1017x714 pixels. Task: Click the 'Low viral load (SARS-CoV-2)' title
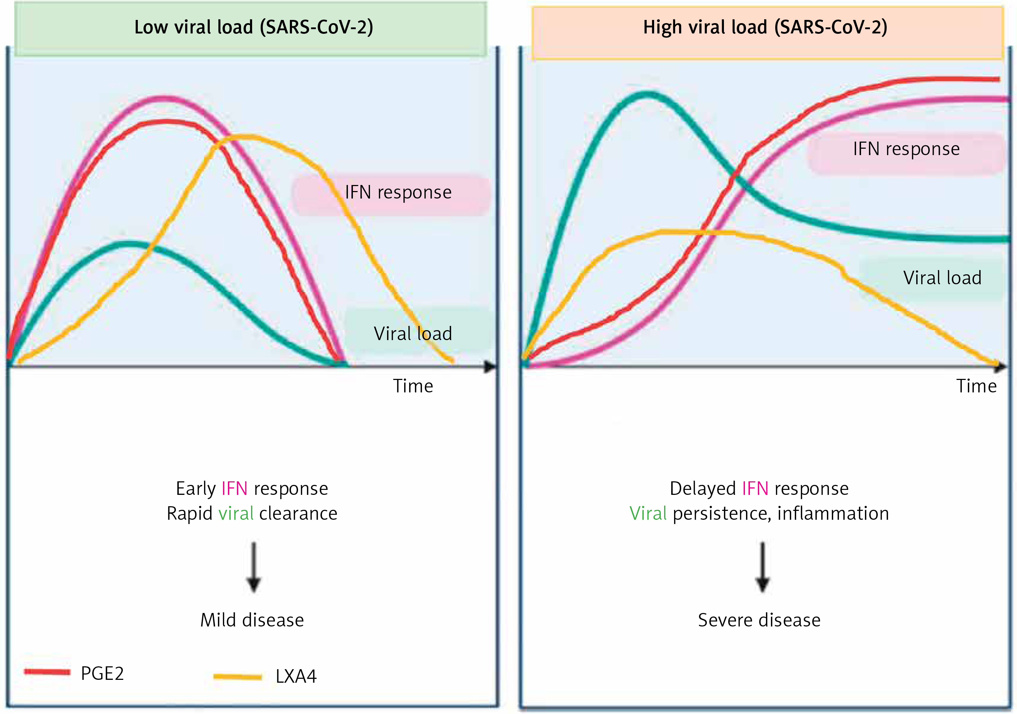[254, 27]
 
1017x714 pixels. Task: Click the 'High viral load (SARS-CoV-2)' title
[765, 27]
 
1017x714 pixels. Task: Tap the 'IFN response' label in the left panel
[398, 192]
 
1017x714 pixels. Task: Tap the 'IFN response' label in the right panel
[906, 149]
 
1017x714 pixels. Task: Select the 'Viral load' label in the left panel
[413, 333]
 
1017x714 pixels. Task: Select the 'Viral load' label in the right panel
[942, 277]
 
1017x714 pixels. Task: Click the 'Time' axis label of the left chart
[413, 386]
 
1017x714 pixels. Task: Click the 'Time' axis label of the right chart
[976, 386]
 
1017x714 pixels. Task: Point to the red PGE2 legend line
[47, 672]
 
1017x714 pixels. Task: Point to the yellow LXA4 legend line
[238, 676]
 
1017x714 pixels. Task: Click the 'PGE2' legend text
[102, 673]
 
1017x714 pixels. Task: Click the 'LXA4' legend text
[296, 676]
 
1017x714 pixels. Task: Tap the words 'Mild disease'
[252, 620]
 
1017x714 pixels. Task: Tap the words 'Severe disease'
[759, 620]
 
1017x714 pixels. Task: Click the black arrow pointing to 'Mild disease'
[254, 567]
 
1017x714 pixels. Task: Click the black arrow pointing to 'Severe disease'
[762, 567]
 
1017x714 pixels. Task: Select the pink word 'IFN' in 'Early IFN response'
[234, 488]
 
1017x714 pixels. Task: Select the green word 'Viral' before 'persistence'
[648, 513]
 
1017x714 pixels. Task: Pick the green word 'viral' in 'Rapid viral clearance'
[236, 513]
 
